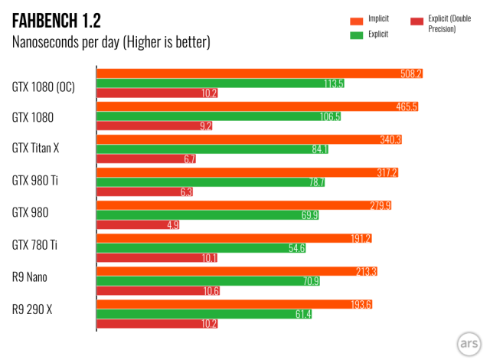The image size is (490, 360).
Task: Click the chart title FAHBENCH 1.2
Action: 56,18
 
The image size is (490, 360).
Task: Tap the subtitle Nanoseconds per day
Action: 111,41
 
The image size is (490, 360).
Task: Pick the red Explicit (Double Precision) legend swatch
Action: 416,20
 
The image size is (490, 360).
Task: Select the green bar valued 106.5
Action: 207,116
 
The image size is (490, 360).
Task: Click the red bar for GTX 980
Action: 130,225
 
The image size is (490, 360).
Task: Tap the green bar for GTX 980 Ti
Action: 199,182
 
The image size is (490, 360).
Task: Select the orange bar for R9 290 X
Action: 230,303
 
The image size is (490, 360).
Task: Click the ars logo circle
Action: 468,342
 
